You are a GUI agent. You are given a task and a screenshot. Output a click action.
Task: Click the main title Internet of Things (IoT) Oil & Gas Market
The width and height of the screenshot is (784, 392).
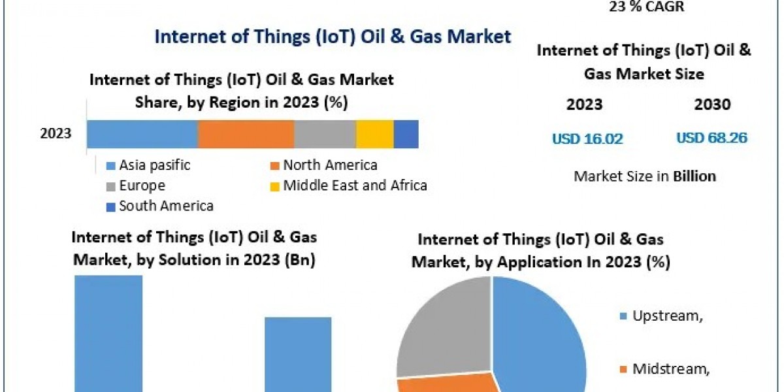click(x=333, y=36)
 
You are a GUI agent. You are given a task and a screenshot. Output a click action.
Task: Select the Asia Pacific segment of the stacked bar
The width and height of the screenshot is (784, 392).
click(x=142, y=134)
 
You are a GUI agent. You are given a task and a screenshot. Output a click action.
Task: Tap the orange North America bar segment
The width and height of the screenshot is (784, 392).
click(x=246, y=134)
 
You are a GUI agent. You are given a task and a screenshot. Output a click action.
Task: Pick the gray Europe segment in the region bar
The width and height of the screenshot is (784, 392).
click(x=325, y=134)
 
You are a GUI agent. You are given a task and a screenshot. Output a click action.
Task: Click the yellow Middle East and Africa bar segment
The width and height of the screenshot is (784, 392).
click(x=374, y=134)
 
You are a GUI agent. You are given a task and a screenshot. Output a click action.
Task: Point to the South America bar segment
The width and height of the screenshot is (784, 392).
click(x=406, y=134)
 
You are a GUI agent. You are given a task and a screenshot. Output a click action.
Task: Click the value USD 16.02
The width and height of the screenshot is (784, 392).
click(x=587, y=139)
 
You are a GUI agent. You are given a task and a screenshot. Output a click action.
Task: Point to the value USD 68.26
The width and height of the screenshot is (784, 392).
click(x=712, y=139)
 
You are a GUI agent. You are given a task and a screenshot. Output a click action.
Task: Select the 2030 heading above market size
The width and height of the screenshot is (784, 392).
click(x=713, y=105)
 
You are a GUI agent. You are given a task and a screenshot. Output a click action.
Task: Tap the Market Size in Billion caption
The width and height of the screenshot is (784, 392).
click(x=644, y=176)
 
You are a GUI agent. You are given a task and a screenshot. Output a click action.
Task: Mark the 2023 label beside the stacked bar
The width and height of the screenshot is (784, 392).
click(x=56, y=134)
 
